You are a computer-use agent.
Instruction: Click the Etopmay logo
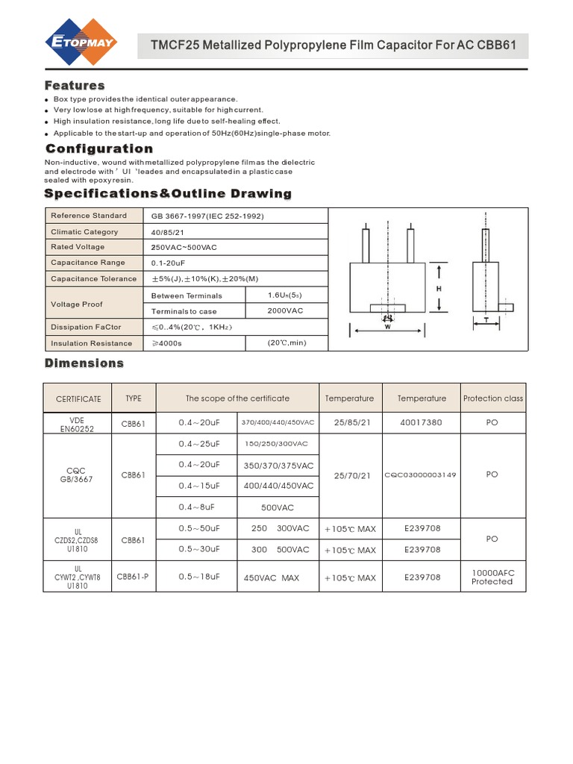80,44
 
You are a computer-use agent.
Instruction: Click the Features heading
75,85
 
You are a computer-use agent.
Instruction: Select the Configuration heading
99,148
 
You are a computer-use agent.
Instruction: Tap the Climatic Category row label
84,232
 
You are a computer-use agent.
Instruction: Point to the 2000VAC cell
285,311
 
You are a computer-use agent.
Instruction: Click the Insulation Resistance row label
91,343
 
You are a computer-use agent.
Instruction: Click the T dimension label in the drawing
486,319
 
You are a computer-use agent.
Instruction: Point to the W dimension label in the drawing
388,327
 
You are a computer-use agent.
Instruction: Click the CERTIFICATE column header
78,399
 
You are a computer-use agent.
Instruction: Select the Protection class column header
493,398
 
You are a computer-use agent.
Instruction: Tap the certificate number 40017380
422,422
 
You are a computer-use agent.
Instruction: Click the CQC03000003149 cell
422,475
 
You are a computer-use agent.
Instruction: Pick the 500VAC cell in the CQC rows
278,507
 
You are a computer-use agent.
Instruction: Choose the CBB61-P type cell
133,577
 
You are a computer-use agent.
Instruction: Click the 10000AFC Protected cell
492,577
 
